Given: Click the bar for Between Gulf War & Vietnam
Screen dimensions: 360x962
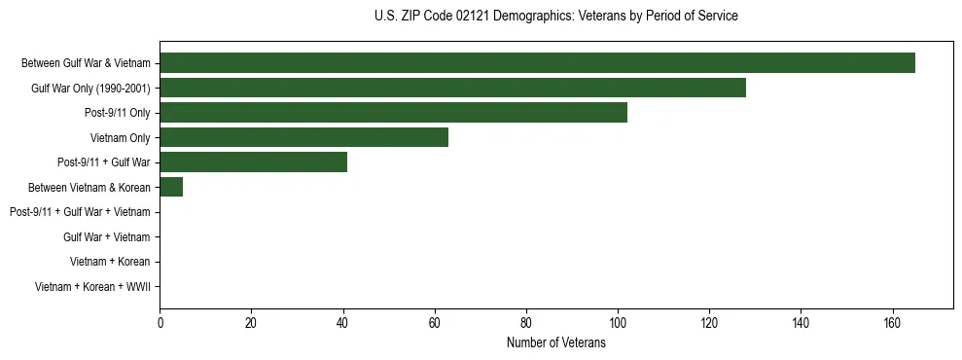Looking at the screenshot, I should pos(537,63).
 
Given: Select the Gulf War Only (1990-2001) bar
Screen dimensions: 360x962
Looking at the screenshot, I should pos(452,88).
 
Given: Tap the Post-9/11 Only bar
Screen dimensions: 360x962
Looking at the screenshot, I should pos(393,113).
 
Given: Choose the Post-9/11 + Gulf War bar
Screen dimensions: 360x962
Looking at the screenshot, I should pos(253,162).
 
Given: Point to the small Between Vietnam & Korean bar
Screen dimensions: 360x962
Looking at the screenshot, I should pos(171,187).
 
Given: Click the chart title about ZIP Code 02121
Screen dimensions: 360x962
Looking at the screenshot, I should pos(555,17).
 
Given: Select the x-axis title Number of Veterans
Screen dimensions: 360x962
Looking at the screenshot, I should pos(555,343).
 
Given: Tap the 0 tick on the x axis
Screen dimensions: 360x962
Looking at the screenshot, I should pos(160,323).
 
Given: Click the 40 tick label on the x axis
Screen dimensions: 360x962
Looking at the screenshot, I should pos(343,323).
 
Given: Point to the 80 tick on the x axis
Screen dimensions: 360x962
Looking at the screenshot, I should pos(526,323).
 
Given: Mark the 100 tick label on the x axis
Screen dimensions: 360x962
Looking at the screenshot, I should pos(618,323).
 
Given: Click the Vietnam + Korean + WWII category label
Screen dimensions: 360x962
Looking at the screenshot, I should pos(92,287).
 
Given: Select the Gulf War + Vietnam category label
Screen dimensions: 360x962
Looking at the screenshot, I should pos(107,237).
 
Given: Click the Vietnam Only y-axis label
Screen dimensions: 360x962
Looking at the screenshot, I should pos(120,138).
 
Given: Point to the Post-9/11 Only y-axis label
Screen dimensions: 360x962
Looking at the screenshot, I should pos(118,113).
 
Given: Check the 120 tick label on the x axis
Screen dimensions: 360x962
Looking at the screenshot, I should pos(709,323).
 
